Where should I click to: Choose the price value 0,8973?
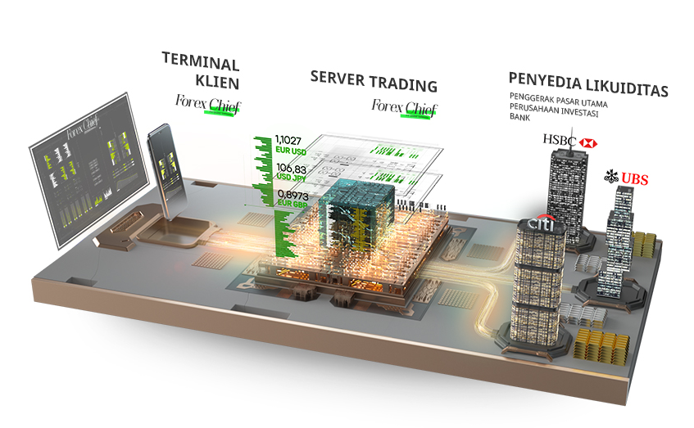click(x=293, y=195)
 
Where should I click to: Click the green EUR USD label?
click(x=292, y=151)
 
